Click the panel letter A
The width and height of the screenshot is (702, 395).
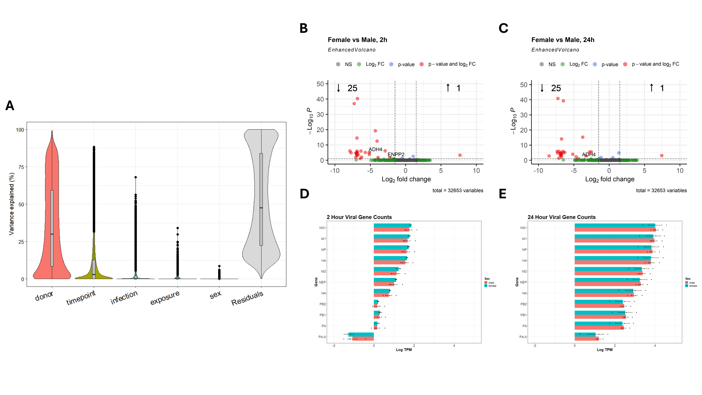(10, 106)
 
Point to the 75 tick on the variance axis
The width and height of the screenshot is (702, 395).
(21, 167)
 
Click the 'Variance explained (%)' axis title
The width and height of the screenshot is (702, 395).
(11, 204)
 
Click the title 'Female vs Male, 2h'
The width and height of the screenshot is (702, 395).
(357, 40)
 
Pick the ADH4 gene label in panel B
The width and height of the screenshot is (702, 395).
(375, 149)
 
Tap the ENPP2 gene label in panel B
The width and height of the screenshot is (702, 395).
(396, 154)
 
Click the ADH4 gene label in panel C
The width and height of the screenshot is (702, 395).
(589, 154)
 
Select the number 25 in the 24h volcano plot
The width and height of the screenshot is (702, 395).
(556, 88)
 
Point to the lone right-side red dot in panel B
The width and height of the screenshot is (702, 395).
(460, 155)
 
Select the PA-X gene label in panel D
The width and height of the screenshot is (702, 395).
(322, 337)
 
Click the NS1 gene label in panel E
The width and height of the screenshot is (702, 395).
(523, 228)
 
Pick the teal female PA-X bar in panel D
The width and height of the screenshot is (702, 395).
(361, 334)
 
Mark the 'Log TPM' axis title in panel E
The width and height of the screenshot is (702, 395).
(604, 350)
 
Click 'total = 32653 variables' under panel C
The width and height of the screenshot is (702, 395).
(661, 190)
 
